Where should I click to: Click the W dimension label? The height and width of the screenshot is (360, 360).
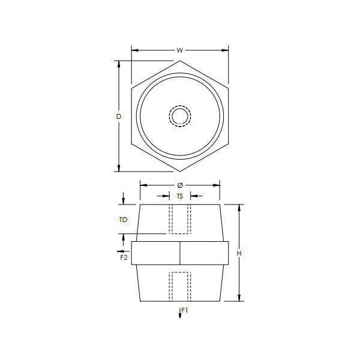click(x=180, y=50)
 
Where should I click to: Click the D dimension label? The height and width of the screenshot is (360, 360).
click(x=118, y=116)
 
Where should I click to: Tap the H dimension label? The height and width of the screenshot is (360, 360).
click(x=239, y=253)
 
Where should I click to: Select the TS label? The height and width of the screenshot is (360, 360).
click(x=180, y=196)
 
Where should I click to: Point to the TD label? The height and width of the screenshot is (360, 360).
click(x=123, y=220)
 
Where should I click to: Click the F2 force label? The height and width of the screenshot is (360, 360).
click(x=124, y=257)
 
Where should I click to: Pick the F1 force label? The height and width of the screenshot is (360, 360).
click(x=185, y=310)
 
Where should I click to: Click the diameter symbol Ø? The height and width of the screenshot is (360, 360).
click(x=180, y=185)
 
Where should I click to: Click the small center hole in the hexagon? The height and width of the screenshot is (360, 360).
click(x=180, y=116)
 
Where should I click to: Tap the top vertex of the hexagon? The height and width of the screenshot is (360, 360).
click(x=180, y=61)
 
